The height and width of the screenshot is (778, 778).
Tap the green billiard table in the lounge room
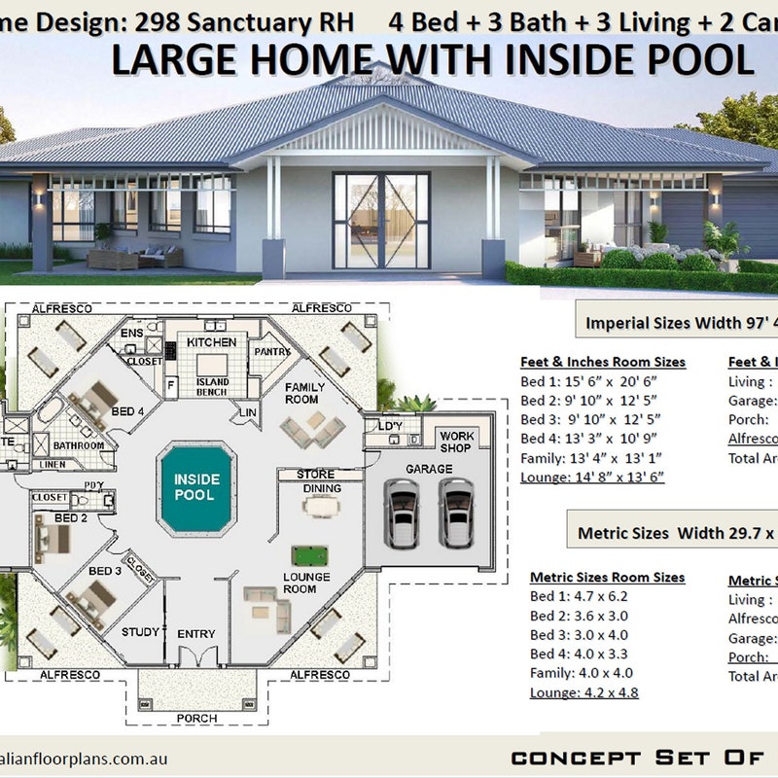coord(309,556)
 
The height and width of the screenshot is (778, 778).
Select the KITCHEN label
coord(212,342)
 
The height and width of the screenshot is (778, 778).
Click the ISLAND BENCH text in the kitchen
coord(212,387)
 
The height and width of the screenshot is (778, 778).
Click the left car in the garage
coord(403,513)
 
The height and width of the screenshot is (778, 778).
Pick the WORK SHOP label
coord(455,442)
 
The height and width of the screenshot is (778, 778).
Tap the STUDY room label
coord(140,632)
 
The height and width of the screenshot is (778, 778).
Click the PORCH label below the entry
coord(196,719)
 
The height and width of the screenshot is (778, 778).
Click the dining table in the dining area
coord(321,506)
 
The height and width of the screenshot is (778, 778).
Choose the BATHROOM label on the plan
coord(79,445)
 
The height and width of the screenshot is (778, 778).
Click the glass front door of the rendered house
coord(380,221)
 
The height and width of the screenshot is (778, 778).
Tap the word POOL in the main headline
coord(699,60)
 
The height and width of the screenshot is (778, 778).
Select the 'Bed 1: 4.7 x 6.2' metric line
coord(579,596)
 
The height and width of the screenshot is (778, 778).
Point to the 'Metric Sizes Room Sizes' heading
coord(607,577)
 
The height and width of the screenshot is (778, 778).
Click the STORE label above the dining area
coord(315,475)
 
